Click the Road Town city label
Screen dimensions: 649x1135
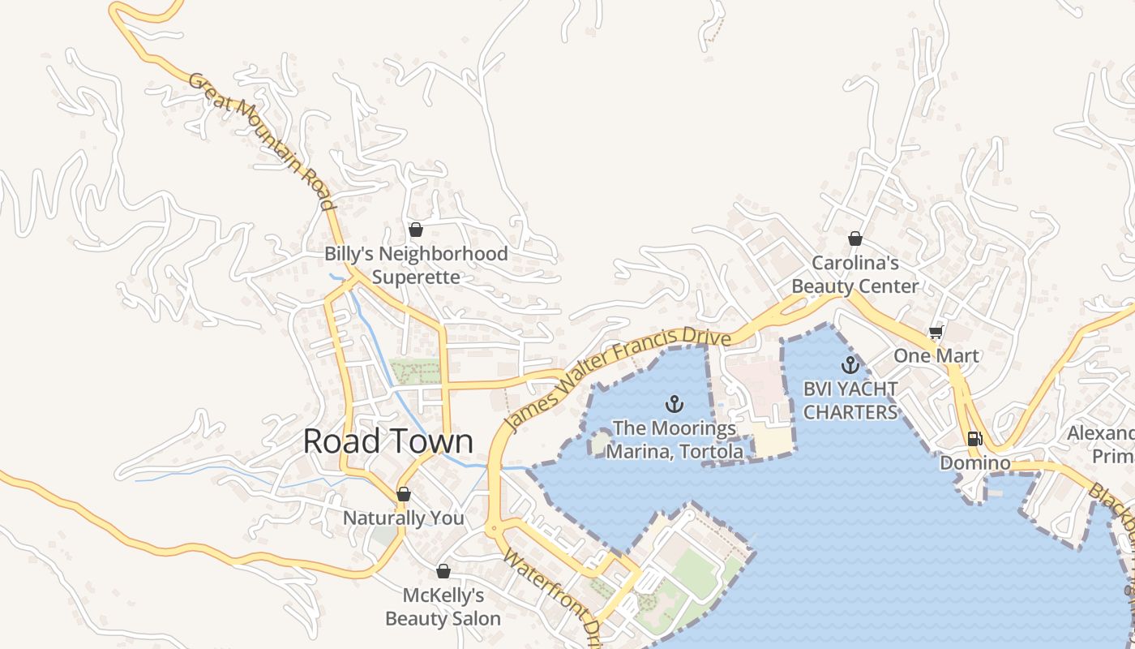click(388, 441)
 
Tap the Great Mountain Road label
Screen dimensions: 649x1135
click(262, 141)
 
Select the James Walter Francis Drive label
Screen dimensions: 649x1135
click(618, 378)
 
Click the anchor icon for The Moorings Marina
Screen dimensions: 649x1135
click(674, 403)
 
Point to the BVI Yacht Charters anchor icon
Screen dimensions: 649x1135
click(850, 365)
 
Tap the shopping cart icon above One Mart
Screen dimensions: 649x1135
click(936, 332)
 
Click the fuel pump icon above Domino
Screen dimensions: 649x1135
click(974, 439)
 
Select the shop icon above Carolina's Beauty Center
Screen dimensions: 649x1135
click(854, 239)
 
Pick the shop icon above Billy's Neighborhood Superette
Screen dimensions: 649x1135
click(416, 230)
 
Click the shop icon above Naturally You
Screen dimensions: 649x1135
click(404, 494)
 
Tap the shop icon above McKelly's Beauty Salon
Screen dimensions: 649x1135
click(443, 571)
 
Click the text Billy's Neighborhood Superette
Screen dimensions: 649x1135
click(416, 265)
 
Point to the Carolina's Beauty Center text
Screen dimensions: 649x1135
click(854, 274)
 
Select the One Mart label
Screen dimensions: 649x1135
click(936, 355)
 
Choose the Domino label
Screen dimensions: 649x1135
click(974, 463)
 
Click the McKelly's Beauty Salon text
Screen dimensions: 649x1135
click(443, 607)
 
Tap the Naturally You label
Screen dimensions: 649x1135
click(404, 518)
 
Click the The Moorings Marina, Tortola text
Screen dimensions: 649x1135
click(674, 439)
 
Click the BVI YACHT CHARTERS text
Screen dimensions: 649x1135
click(850, 401)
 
